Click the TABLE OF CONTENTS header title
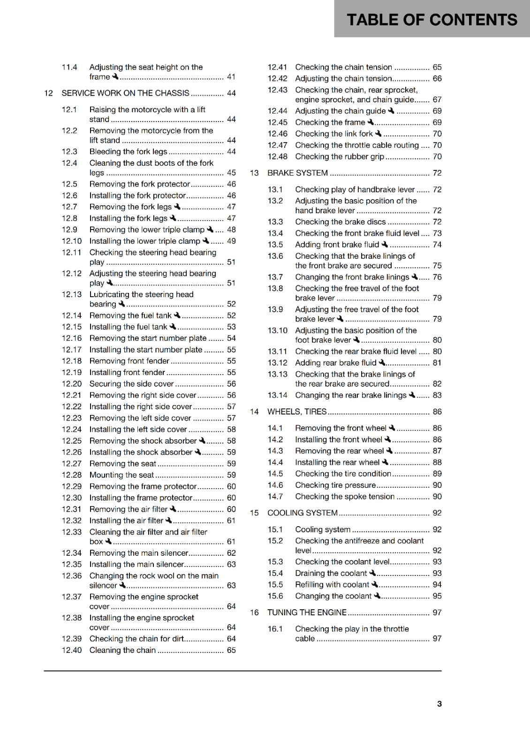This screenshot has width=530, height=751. coord(432,20)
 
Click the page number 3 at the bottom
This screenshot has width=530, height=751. coord(439,704)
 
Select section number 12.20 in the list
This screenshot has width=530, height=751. coord(71,383)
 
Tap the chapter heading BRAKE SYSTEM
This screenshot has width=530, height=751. coord(297,173)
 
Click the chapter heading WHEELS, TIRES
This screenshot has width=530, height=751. coord(297,412)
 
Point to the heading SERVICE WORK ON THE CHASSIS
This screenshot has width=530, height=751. coord(125,93)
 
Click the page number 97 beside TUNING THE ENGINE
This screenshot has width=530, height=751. coord(437,612)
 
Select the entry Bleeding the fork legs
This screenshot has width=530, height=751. coord(128,152)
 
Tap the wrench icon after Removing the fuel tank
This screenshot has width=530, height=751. coord(177,315)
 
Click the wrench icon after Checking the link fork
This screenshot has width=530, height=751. coord(378,133)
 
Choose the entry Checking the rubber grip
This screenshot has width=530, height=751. coord(339,156)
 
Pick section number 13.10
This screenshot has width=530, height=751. coord(277,330)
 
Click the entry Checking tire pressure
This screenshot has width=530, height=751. coord(335,485)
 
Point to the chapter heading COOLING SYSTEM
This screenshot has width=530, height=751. coord(302,513)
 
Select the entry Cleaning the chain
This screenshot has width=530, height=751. coord(122,650)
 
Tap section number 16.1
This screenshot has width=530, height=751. coord(275,628)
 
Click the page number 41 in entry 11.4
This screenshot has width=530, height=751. coord(231,77)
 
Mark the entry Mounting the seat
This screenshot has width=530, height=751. coord(121,475)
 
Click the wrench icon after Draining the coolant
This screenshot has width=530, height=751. coord(372,573)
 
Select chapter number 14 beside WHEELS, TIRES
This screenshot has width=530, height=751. coord(254,412)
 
